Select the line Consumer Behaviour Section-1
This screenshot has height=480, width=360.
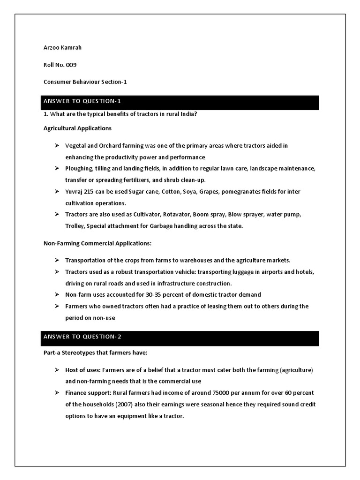85,82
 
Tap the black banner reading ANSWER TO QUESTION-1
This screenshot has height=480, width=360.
181,102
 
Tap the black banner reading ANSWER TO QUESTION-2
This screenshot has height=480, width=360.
181,337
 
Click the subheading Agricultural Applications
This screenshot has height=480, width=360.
77,128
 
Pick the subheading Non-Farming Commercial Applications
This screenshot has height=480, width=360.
97,243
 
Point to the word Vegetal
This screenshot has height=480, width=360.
75,146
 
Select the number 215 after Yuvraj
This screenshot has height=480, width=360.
94,192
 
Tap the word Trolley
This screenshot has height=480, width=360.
75,226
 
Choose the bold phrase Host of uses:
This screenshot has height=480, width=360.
82,370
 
